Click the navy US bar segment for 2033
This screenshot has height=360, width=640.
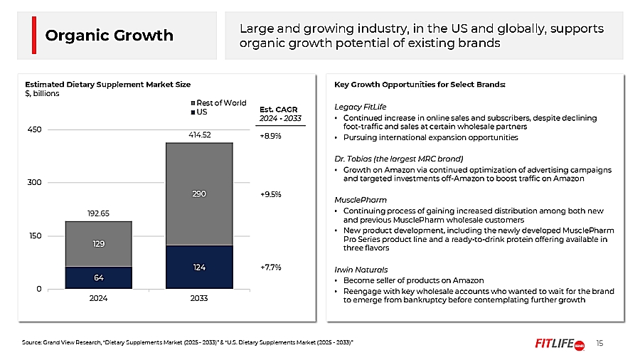coord(198,267)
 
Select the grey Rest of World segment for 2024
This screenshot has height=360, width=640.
coord(98,244)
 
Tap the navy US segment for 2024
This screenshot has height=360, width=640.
coord(98,277)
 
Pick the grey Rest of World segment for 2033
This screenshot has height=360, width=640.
coord(198,194)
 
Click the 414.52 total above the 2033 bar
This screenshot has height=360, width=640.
coord(198,134)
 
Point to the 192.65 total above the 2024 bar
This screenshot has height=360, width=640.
coord(98,213)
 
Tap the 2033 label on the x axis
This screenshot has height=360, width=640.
coord(198,300)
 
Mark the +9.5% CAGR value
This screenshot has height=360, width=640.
coord(270,193)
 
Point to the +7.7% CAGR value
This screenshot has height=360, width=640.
coord(270,268)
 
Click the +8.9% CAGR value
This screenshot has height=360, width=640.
coord(270,135)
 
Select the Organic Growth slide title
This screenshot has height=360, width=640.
coord(109,36)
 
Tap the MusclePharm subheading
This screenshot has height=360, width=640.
coord(361,200)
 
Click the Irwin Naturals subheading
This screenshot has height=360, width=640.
coord(362,270)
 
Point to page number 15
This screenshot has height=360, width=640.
coord(599,344)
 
